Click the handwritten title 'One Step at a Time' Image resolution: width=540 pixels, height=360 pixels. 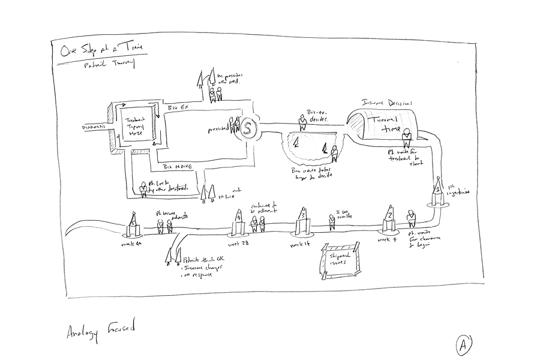[98, 49]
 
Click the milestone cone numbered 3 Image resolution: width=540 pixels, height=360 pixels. [304, 219]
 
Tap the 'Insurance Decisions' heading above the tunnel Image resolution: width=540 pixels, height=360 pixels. [387, 103]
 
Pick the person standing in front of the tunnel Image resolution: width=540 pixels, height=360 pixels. [406, 140]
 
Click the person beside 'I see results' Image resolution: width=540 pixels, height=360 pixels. [331, 221]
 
